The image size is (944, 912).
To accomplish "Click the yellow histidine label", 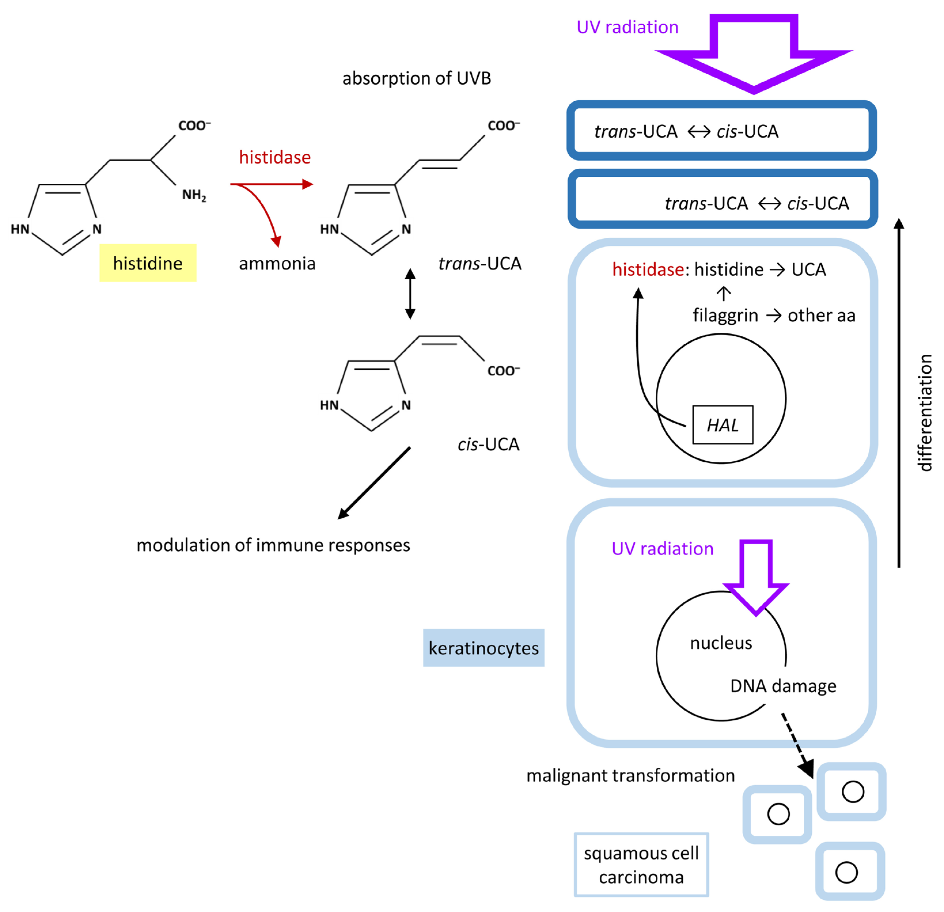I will [147, 263].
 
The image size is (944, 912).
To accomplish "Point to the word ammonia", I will [277, 264].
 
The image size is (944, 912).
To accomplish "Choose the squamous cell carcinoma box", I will [641, 865].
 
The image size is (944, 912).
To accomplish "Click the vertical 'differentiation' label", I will [924, 413].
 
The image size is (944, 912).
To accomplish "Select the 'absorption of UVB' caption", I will [416, 78].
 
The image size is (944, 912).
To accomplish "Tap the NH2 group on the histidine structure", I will [194, 195].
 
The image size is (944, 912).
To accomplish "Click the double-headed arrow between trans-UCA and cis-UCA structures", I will [410, 294].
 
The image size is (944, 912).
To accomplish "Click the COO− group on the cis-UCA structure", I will [503, 370].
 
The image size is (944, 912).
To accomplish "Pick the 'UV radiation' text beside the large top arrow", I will [627, 27].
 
